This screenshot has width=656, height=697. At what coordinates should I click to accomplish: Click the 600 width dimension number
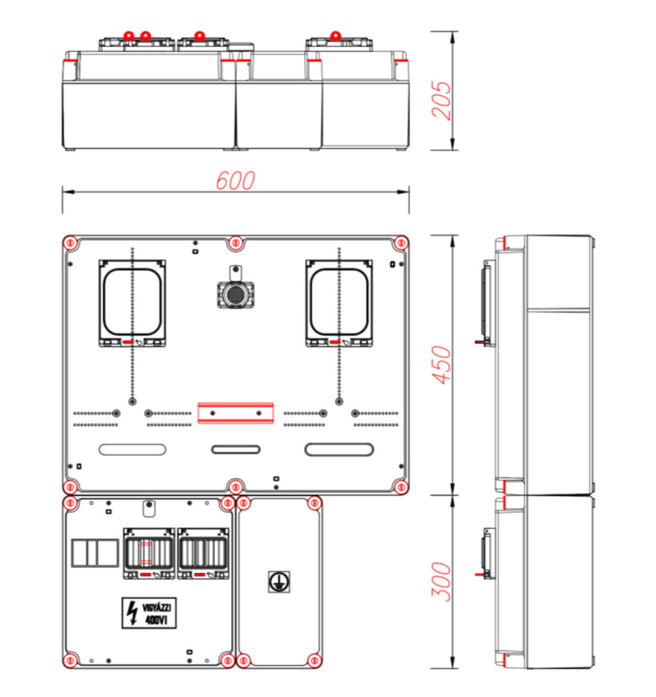(x=235, y=181)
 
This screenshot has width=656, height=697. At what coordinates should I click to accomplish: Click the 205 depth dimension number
(x=441, y=101)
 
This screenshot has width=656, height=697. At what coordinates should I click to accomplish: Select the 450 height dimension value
(x=441, y=365)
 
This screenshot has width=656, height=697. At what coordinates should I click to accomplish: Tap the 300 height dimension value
(x=441, y=582)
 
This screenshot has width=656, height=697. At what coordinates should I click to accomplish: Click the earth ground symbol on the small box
(x=279, y=582)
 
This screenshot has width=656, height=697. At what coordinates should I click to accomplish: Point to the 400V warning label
(x=149, y=613)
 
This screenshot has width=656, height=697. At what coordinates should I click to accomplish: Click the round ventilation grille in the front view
(x=236, y=294)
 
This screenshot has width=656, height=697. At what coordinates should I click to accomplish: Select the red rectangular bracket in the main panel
(x=236, y=413)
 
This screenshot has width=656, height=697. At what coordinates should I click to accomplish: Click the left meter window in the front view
(x=133, y=303)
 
